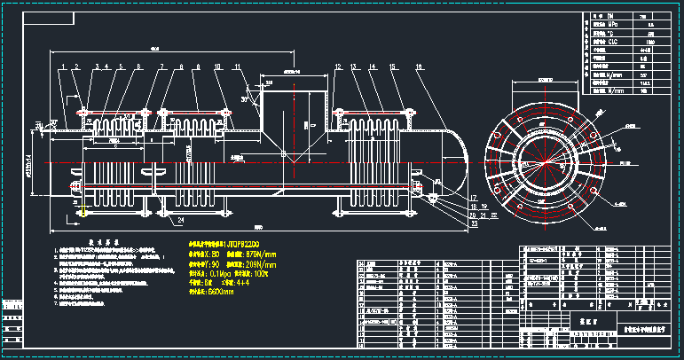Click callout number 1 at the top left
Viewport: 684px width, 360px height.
tap(63, 67)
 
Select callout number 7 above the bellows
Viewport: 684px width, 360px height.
tap(162, 67)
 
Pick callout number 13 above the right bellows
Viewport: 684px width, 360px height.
tap(354, 67)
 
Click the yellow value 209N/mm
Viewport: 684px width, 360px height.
tap(259, 264)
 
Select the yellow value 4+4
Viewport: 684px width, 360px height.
tap(248, 283)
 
